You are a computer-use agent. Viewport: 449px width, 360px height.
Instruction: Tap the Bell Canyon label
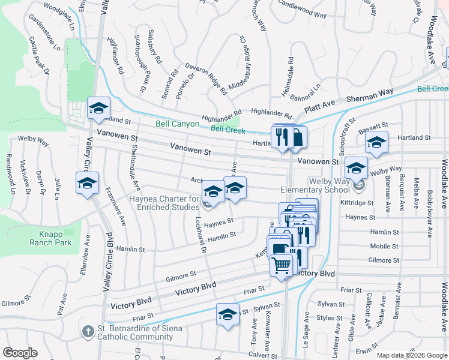click(176, 124)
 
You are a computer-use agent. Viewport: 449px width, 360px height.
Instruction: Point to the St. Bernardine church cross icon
click(88, 331)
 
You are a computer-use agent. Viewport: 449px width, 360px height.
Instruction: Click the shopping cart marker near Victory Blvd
click(281, 265)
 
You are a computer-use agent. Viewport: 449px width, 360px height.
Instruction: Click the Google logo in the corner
click(20, 353)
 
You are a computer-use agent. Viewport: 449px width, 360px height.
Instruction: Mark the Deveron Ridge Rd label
click(206, 79)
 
